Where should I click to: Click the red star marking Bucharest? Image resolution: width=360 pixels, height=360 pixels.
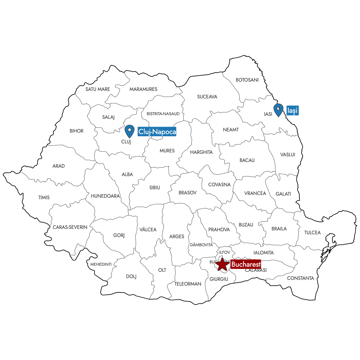point(222,265)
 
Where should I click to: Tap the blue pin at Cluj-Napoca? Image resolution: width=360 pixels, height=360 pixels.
point(129,131)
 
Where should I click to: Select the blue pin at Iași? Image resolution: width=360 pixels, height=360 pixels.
point(278,110)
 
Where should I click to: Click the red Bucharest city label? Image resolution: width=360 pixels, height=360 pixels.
point(246,265)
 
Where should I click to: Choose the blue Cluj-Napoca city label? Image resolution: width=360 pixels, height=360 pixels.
point(157,132)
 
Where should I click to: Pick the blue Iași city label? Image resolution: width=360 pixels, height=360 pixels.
point(292,111)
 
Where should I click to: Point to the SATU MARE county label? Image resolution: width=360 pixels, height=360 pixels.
point(97,89)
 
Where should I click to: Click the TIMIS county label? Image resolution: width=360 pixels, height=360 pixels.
point(44,197)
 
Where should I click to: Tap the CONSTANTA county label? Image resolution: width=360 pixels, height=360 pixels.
point(300,278)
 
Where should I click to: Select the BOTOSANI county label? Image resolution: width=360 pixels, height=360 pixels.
point(247,80)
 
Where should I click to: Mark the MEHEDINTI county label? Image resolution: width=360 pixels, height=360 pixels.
point(101,264)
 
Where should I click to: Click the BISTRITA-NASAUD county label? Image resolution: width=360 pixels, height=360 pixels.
point(163,114)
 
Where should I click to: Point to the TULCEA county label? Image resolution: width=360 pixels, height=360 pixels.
point(312,232)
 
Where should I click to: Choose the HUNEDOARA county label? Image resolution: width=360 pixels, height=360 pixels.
point(105,196)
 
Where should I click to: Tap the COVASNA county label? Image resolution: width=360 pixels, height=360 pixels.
point(219,184)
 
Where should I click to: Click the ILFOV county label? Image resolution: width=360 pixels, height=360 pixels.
point(224,252)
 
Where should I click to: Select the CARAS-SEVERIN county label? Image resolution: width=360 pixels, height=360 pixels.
point(70,227)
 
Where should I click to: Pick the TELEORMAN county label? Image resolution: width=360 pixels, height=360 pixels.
point(188,284)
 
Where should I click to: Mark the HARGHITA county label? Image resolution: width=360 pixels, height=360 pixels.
point(201,152)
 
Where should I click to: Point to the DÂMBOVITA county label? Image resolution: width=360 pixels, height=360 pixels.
point(201,245)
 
